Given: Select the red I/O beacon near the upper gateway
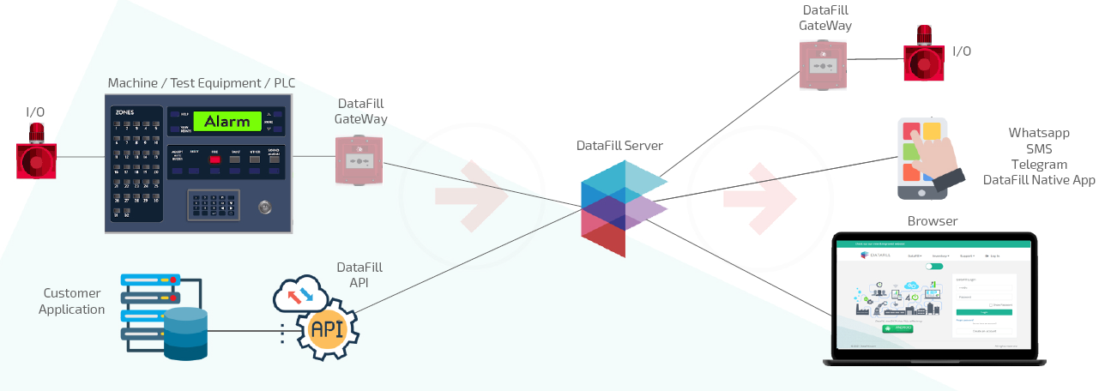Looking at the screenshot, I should [x=925, y=53].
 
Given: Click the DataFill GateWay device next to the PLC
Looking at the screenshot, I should [x=359, y=159].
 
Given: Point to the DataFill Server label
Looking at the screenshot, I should [x=619, y=146].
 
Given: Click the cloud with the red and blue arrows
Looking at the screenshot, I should [x=301, y=294].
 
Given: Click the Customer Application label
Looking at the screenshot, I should [x=72, y=301].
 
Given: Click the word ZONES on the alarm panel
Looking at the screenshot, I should [x=124, y=111].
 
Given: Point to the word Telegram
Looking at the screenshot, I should [x=1039, y=164].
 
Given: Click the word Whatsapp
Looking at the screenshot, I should [x=1039, y=133].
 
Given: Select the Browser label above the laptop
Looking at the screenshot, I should [x=933, y=221].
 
